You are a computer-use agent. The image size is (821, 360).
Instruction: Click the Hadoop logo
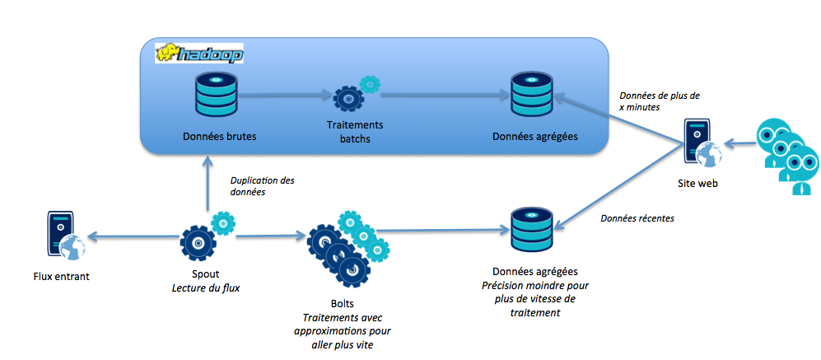pyautogui.click(x=199, y=54)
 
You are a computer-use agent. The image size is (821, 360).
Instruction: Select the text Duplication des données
pyautogui.click(x=262, y=185)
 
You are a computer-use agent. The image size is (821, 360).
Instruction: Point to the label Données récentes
pyautogui.click(x=637, y=219)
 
